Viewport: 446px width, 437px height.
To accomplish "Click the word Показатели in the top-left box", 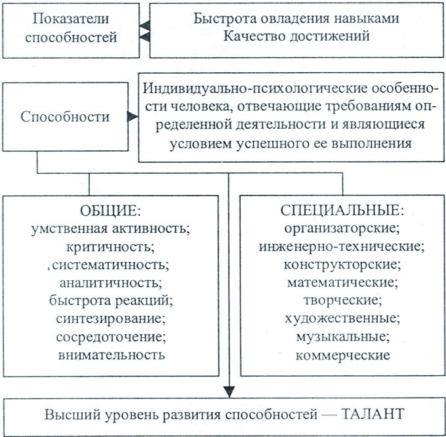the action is pos(71,19).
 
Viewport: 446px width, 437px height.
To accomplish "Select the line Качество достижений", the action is pos(296,37).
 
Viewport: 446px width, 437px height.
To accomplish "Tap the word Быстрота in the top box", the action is pos(224,18).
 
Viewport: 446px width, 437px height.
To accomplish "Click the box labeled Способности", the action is pos(65,117).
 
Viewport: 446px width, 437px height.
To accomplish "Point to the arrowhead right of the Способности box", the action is pos(132,116).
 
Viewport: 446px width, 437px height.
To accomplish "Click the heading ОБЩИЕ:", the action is pos(110,211).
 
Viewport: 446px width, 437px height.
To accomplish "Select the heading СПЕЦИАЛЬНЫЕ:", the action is pos(342,211).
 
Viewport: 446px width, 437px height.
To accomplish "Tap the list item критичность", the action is pos(110,247).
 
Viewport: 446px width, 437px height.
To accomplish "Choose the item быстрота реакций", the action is pos(111,301).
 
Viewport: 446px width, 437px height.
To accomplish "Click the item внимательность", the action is pos(111,355).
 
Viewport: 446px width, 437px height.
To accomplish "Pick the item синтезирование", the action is pos(111,319).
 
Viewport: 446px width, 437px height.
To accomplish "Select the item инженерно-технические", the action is pos(342,247).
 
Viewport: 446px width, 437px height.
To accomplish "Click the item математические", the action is pos(342,283).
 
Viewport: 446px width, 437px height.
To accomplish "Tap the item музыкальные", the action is pos(343,337).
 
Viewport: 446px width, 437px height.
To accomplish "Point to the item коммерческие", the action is pos(343,356).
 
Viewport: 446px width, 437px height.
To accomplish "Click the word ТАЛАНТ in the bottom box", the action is pos(373,414).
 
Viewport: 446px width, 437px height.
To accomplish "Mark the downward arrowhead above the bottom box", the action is pos(229,392).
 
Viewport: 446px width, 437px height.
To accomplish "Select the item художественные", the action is pos(342,319).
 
